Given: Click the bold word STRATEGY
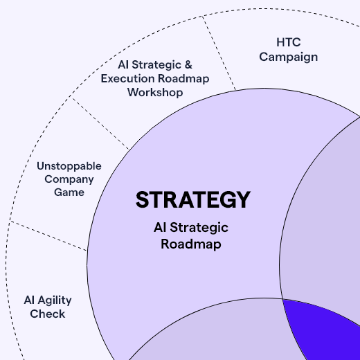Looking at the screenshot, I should (x=192, y=199).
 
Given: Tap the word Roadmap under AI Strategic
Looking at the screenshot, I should (x=190, y=244).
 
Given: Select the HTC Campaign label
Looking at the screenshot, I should (x=289, y=49).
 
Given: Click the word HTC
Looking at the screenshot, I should (x=289, y=42).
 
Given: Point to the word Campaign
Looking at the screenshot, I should (x=289, y=57).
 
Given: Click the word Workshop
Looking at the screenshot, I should (x=154, y=92).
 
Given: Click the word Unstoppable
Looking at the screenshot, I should (x=69, y=166).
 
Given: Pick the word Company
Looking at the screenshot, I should (x=69, y=179).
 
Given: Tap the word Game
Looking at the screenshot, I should (x=69, y=192).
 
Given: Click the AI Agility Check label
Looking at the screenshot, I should (x=48, y=307).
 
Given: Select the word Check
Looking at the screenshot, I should (x=48, y=314).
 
